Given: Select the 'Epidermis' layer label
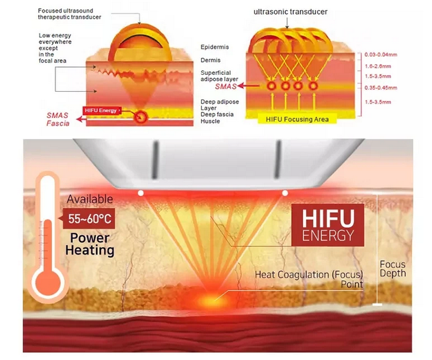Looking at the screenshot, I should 215,47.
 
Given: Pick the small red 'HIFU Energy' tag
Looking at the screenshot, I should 99,111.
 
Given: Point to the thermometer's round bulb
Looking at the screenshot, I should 47,283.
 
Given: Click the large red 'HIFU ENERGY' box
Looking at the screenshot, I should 327,225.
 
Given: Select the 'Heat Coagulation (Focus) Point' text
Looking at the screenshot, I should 309,280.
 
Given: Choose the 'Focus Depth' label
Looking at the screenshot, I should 393,269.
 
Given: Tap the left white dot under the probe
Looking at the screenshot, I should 141,193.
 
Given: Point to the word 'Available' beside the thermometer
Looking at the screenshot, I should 90,199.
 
